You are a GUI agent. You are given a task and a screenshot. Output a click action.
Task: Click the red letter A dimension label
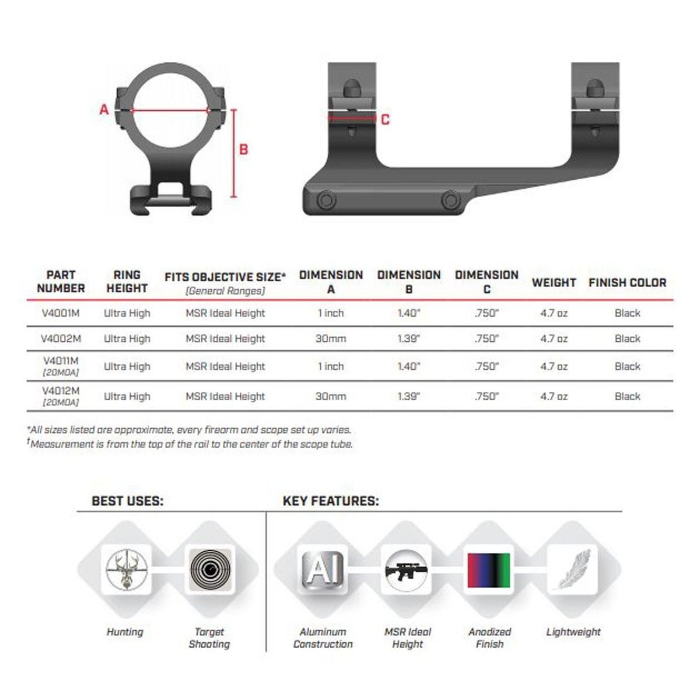(x=104, y=109)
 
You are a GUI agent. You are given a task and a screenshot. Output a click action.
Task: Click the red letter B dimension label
(x=244, y=149)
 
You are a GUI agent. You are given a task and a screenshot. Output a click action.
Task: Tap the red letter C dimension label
(x=385, y=120)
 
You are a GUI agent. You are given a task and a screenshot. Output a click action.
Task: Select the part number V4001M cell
(x=61, y=313)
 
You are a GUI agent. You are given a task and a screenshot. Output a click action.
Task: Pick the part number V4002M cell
(x=61, y=338)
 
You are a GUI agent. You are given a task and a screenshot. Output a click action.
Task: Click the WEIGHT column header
(x=554, y=282)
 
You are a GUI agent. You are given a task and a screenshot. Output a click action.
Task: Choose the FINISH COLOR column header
(x=627, y=282)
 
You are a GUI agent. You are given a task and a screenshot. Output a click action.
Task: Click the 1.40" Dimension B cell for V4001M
(x=408, y=313)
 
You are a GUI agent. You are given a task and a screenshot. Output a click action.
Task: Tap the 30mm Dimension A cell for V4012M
(x=331, y=396)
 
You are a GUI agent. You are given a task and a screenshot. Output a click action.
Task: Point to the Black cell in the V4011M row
(x=627, y=366)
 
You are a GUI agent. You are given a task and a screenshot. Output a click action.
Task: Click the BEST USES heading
(x=127, y=501)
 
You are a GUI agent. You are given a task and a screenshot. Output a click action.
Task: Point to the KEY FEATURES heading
(x=331, y=501)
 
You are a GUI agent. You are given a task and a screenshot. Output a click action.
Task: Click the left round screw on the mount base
(x=325, y=201)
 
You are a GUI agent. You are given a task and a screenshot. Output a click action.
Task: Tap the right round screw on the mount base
(x=450, y=201)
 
